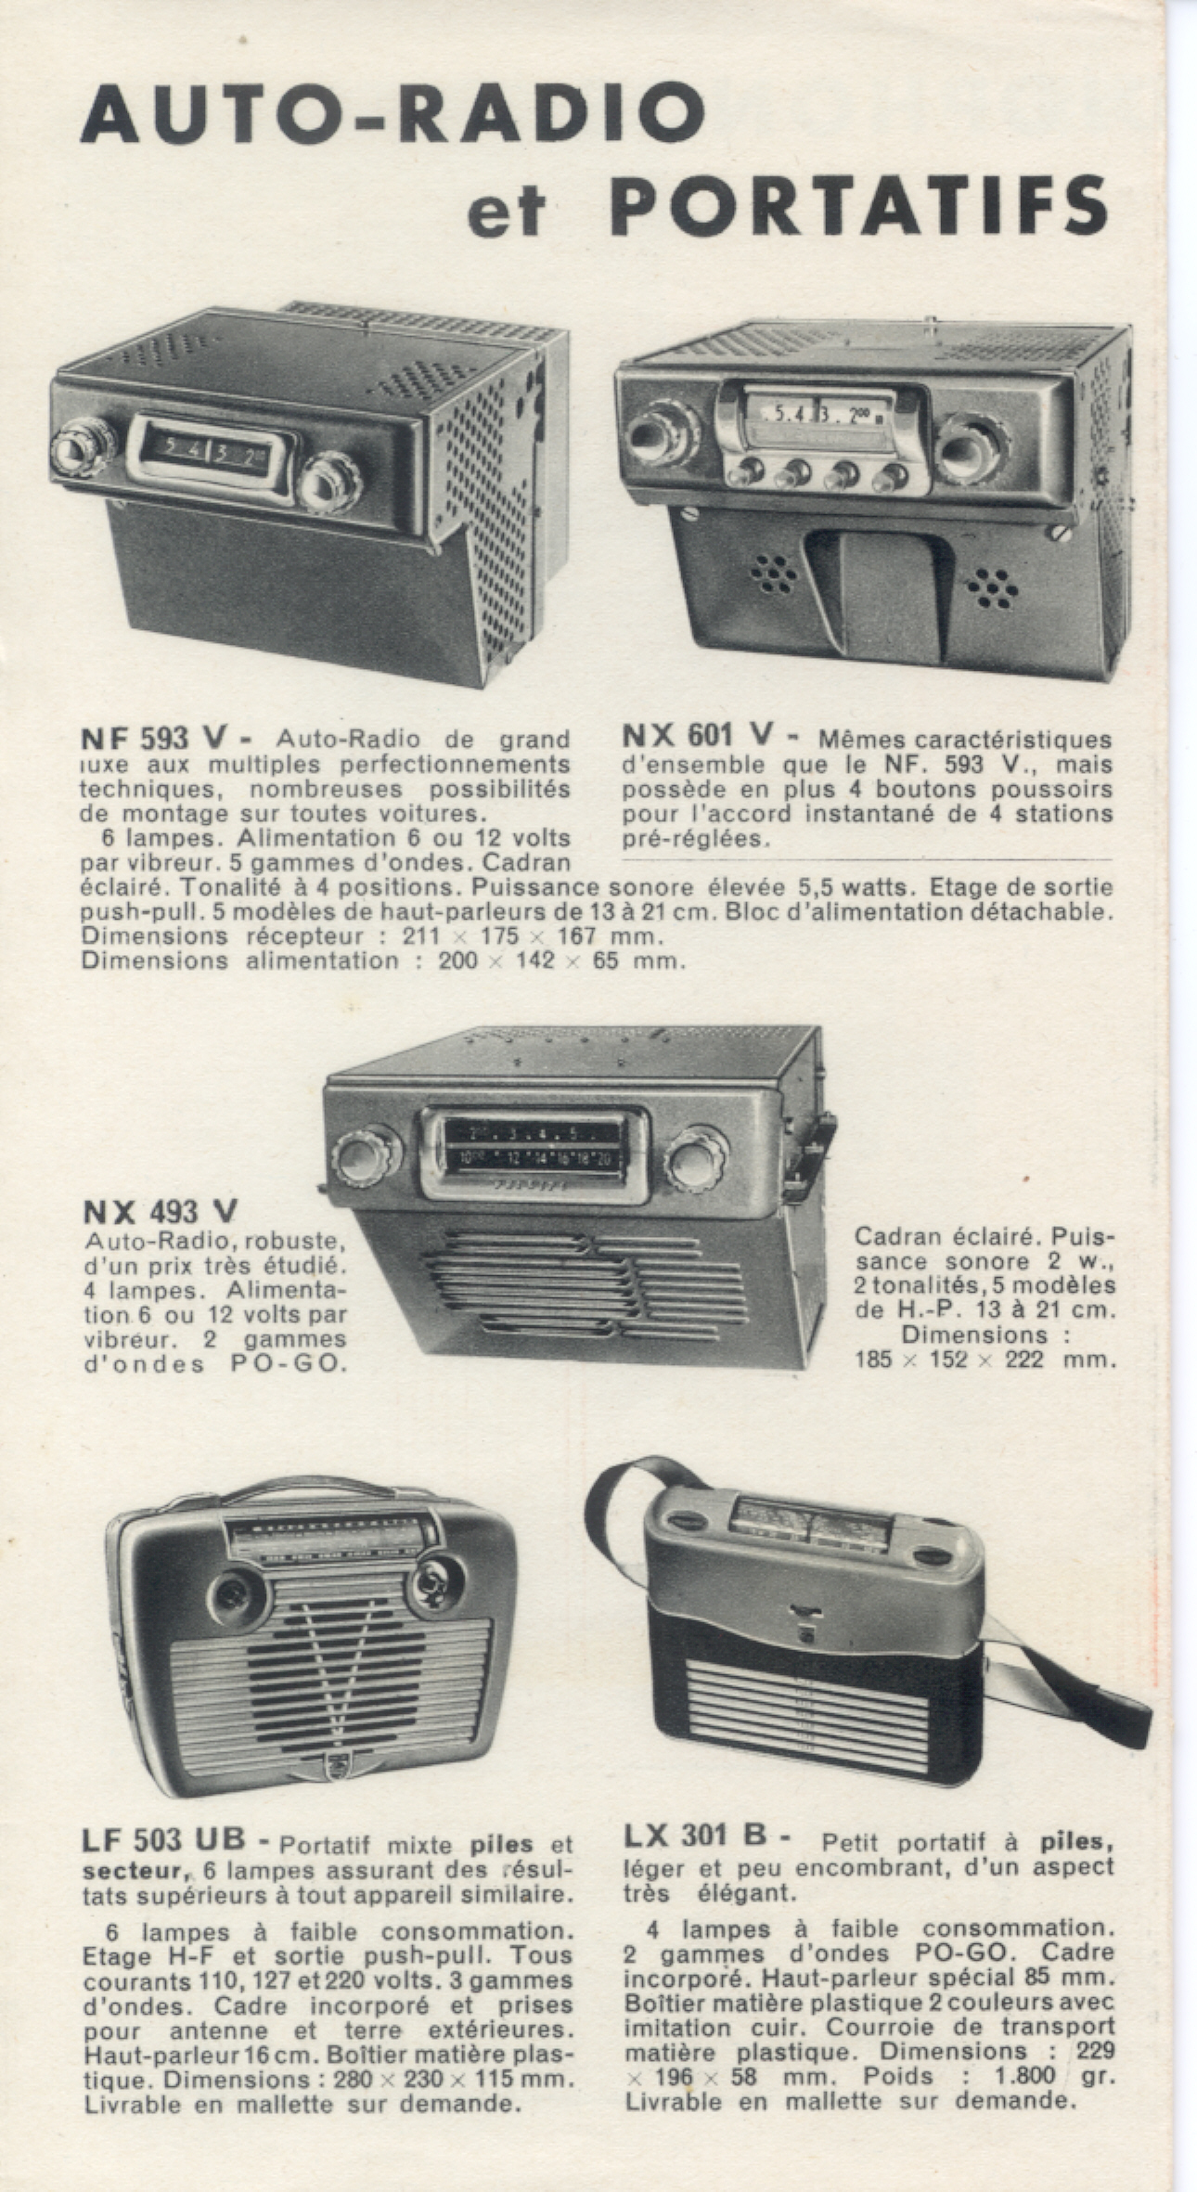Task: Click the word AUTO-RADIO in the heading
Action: pos(393,112)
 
